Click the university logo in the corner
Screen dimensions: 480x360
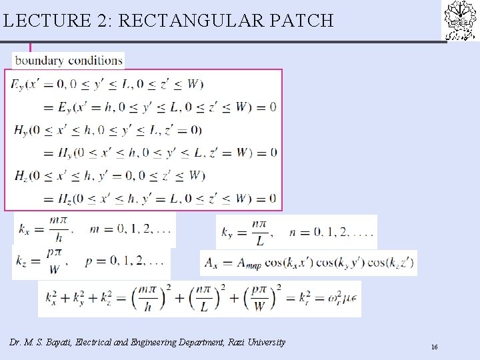461,21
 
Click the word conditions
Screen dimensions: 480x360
96,61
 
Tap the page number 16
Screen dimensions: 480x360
434,347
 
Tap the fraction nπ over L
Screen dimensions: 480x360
259,233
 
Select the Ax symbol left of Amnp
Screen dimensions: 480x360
213,263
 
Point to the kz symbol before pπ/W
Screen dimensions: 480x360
24,262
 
